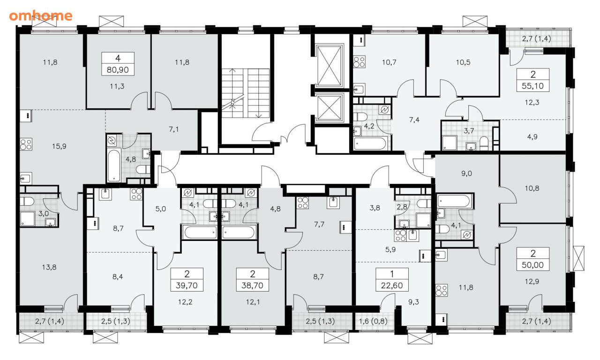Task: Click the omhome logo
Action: (41, 16)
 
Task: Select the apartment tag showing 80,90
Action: (118, 64)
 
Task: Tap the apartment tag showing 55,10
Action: (533, 80)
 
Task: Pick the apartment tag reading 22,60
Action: (392, 280)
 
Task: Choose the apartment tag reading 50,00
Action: (533, 259)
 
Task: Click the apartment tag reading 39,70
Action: (187, 280)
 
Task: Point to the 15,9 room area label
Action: (59, 146)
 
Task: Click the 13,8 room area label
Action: (49, 267)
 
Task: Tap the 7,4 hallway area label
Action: (414, 120)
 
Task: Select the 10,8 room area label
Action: (532, 188)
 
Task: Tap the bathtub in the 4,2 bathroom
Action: (370, 143)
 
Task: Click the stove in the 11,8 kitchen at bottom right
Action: (441, 291)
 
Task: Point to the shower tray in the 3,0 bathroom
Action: (28, 219)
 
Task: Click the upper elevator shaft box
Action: (330, 66)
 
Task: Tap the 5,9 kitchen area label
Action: (390, 249)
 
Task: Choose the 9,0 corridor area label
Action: (466, 173)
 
